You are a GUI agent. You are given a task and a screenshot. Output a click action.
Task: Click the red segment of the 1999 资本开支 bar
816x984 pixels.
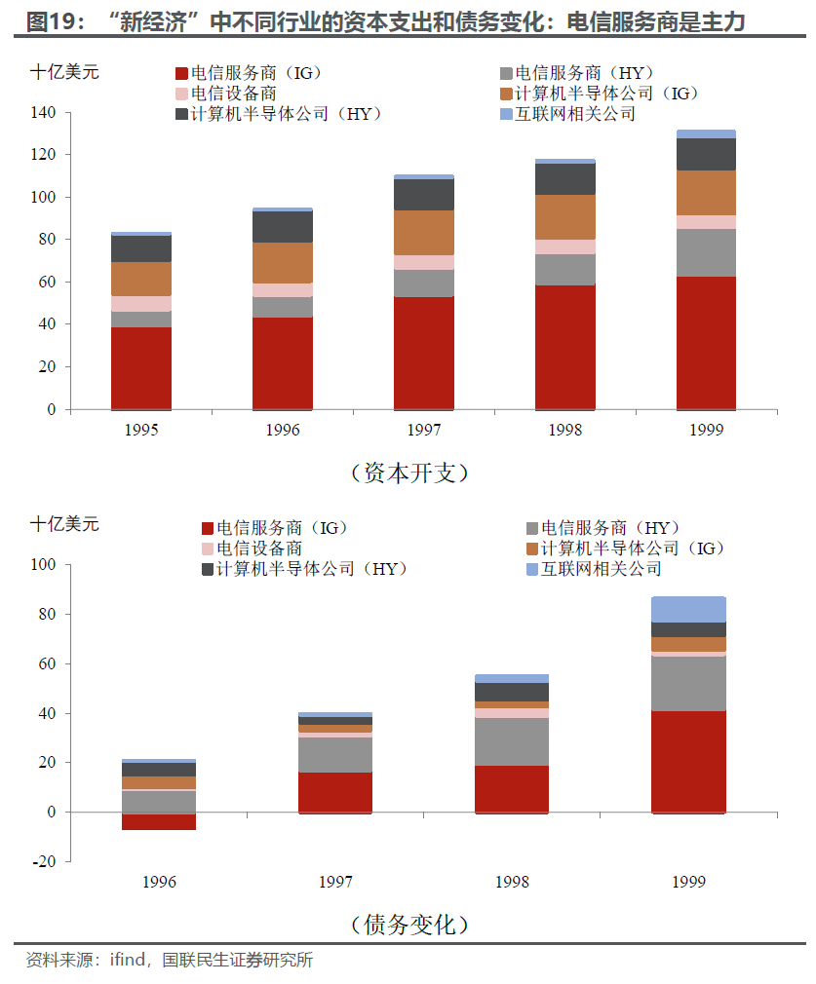coord(706,343)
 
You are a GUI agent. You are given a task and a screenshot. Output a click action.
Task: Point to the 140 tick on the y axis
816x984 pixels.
coord(45,113)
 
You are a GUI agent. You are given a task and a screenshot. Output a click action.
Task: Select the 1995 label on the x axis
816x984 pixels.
coord(141,430)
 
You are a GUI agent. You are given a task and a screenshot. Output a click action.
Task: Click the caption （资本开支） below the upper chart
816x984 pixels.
coord(409,473)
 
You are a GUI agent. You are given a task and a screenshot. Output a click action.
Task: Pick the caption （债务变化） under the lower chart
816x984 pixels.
coord(409,924)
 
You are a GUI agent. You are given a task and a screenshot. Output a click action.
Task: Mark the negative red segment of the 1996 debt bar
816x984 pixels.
coord(159,821)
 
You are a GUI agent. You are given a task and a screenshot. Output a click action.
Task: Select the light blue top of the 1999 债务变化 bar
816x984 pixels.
coord(688,610)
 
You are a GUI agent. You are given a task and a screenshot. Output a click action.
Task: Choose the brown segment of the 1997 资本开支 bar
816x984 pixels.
coord(424,233)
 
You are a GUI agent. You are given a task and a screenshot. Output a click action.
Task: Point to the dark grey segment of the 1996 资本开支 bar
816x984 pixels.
coord(283,227)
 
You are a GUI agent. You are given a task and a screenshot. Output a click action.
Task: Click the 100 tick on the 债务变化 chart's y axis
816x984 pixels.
coord(45,565)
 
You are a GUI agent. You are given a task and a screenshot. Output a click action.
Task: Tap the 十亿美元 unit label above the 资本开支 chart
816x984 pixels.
coord(64,71)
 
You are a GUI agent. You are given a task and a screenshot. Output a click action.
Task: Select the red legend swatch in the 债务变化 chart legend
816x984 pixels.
coord(208,528)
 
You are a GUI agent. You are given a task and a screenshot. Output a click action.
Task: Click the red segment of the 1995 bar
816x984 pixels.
coord(141,368)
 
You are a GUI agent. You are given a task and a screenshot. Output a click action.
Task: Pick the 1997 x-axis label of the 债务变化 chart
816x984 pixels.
coord(335,882)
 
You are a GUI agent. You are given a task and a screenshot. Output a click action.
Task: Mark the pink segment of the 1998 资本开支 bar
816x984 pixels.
coord(565,246)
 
